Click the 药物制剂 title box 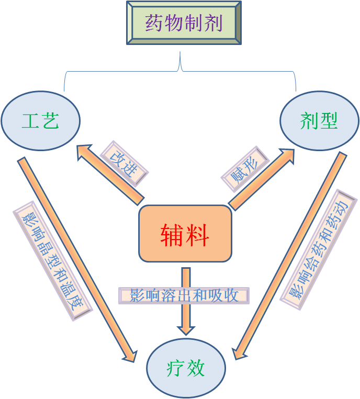pos(184,23)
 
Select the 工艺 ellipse pos(41,121)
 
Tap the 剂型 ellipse pos(319,121)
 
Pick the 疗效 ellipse pos(186,368)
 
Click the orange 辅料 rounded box pos(185,233)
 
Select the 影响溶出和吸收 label pos(184,295)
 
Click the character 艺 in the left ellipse pos(50,121)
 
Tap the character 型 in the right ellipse pos(329,121)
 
